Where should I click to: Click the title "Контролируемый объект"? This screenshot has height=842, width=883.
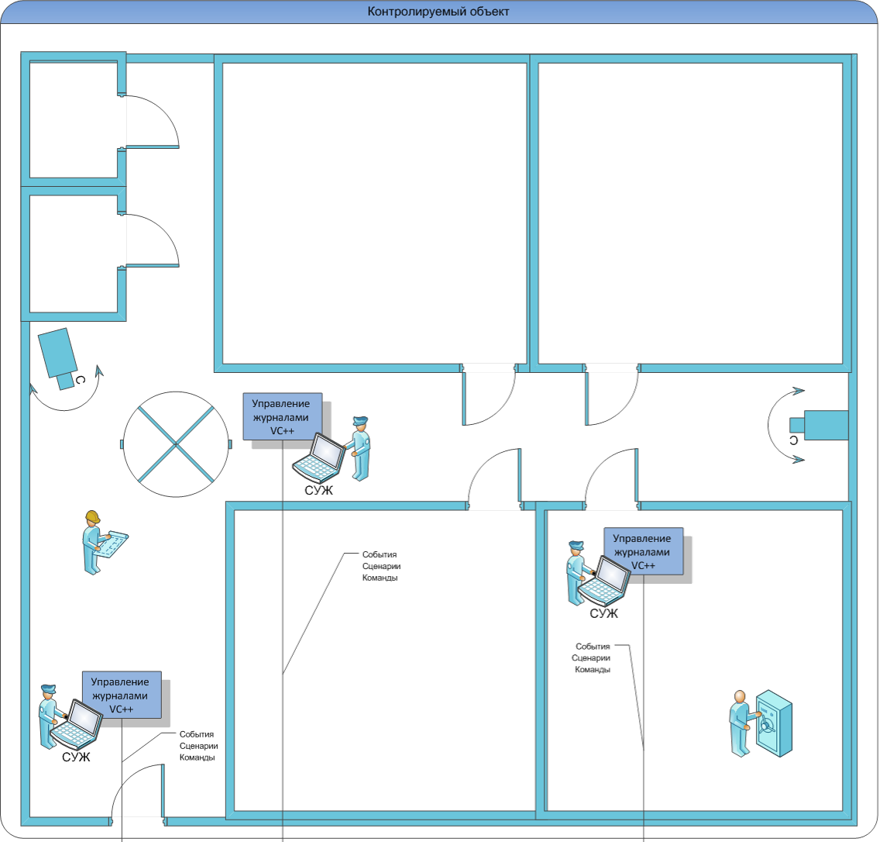[x=438, y=12]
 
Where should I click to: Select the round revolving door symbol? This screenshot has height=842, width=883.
[x=177, y=444]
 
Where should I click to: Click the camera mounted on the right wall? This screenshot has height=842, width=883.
[x=819, y=425]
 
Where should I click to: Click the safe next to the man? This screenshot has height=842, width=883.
[x=774, y=723]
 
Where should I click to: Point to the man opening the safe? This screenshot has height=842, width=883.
[x=740, y=723]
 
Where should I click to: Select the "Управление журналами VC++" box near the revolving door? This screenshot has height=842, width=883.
[x=283, y=416]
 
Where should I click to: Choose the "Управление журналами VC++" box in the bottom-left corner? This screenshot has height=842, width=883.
[x=122, y=695]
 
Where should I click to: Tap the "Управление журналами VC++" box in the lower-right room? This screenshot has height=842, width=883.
[x=643, y=551]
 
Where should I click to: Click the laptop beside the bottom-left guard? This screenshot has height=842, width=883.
[x=76, y=723]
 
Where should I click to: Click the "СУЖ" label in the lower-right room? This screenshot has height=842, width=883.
[x=603, y=614]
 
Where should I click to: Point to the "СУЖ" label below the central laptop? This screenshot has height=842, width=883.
[x=319, y=491]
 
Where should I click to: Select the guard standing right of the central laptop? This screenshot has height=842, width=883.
[x=360, y=449]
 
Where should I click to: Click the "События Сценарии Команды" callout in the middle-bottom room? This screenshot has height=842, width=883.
[x=381, y=566]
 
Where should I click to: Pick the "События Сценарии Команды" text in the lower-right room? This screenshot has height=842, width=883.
[x=592, y=657]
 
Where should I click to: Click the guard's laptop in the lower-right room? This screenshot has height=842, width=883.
[x=603, y=581]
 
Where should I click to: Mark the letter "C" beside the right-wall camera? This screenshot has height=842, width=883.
[x=793, y=440]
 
